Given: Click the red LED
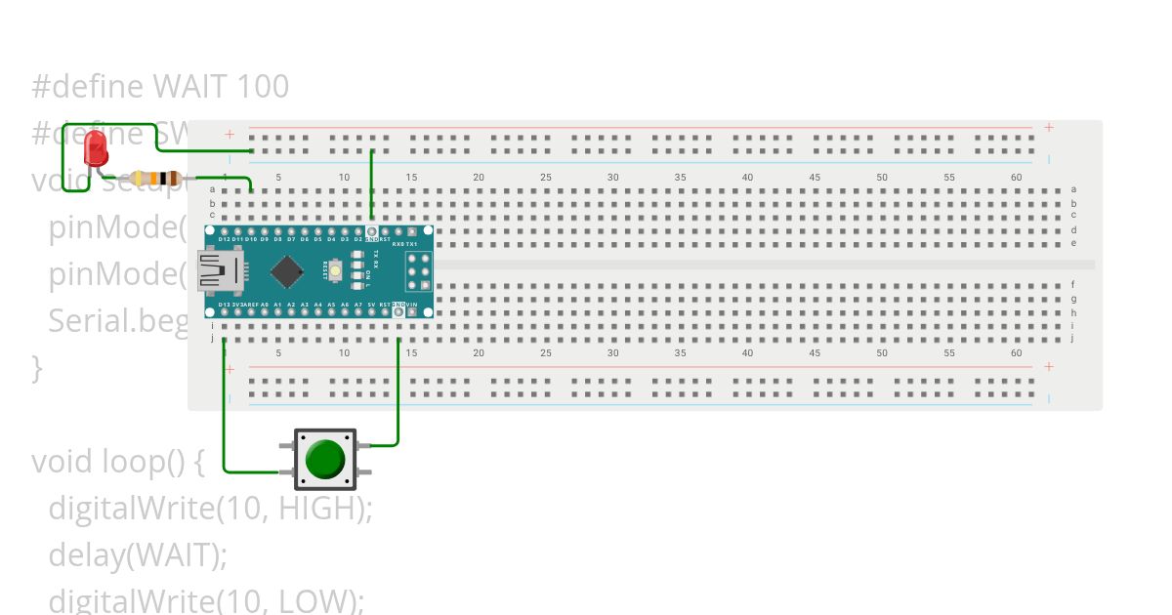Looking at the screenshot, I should [96, 148].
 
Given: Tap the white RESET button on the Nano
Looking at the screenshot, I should [335, 270].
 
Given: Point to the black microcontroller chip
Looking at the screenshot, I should [286, 271].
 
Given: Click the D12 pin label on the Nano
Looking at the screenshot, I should [224, 239].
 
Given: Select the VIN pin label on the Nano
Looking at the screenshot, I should [412, 306].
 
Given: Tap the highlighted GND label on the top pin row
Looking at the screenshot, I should [372, 239].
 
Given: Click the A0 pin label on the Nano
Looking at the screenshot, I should [265, 306].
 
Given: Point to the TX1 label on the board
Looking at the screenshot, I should [412, 244].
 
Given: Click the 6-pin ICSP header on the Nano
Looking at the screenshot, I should [419, 271].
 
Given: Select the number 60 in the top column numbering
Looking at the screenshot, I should [1016, 177].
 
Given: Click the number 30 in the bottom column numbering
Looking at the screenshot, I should [612, 353].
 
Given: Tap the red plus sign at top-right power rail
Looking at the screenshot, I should [1049, 128].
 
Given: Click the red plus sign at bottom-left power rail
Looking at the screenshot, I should [230, 369].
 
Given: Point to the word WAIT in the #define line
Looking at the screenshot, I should [191, 87].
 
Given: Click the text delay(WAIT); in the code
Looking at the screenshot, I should [138, 554].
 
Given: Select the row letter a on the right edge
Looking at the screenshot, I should [1073, 189].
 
